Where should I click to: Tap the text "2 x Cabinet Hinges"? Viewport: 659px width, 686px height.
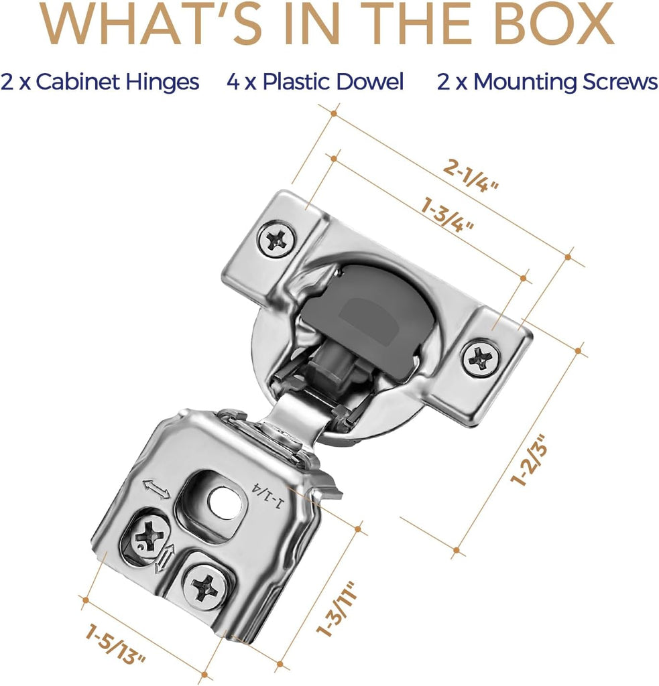100,82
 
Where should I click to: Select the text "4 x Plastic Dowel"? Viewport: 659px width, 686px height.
315,82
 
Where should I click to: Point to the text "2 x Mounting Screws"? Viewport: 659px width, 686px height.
547,82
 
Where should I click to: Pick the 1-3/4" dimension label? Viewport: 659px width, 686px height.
447,214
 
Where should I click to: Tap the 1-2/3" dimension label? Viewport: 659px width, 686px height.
530,460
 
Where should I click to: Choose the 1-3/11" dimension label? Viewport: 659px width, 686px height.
338,608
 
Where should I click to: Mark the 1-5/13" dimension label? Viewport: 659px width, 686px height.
115,644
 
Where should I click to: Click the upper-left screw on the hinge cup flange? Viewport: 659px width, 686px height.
276,239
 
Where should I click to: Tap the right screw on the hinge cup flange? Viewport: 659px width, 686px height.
481,358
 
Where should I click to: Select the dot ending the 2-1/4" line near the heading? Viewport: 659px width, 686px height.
334,114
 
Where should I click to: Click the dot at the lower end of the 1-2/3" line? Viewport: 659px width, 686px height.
457,550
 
